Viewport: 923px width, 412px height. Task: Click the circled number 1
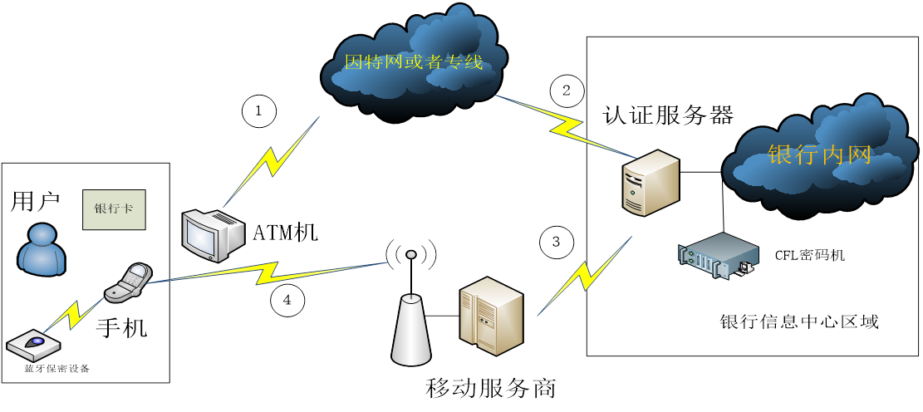(258, 111)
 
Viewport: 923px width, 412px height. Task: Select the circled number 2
(567, 91)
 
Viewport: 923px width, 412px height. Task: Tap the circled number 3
(556, 242)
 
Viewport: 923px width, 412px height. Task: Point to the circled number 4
(287, 301)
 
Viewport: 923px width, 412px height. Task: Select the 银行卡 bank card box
(113, 209)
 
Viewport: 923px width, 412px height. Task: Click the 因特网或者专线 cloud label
(413, 61)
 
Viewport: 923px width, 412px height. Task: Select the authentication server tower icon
(651, 182)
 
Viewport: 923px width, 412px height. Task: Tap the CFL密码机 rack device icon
(716, 256)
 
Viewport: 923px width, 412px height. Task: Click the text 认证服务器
(668, 115)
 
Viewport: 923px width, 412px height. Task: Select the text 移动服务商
(490, 388)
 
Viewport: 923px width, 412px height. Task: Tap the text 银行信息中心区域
(798, 321)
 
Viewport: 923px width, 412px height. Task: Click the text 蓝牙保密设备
(56, 368)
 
